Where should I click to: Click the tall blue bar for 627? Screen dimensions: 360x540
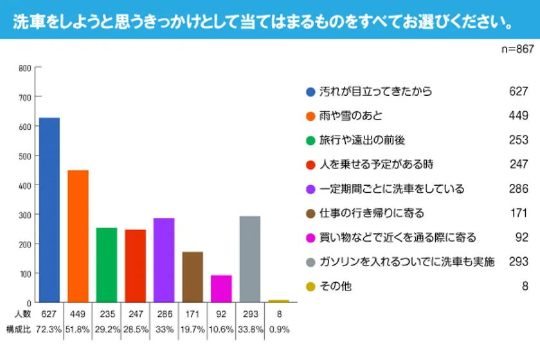coord(50,210)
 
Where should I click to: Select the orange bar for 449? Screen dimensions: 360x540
coord(78,236)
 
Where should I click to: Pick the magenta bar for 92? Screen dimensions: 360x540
coord(221,289)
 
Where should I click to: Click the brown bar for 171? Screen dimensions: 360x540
coord(192,276)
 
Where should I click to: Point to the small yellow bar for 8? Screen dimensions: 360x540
coord(278,301)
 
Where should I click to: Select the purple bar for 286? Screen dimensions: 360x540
coord(164,260)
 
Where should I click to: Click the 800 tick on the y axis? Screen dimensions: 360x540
coord(24,67)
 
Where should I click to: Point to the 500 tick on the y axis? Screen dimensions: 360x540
coord(24,156)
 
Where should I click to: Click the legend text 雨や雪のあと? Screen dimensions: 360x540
coord(350,116)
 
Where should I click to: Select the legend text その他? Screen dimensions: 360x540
coord(336,286)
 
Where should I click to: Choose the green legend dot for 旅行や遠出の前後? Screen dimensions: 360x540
coord(310,140)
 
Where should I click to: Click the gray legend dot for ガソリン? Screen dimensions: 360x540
coord(310,262)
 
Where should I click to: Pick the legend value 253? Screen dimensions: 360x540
coord(518,140)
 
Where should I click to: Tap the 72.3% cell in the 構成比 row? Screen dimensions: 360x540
coord(50,329)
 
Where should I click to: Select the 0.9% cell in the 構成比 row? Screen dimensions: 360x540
coord(278,329)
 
